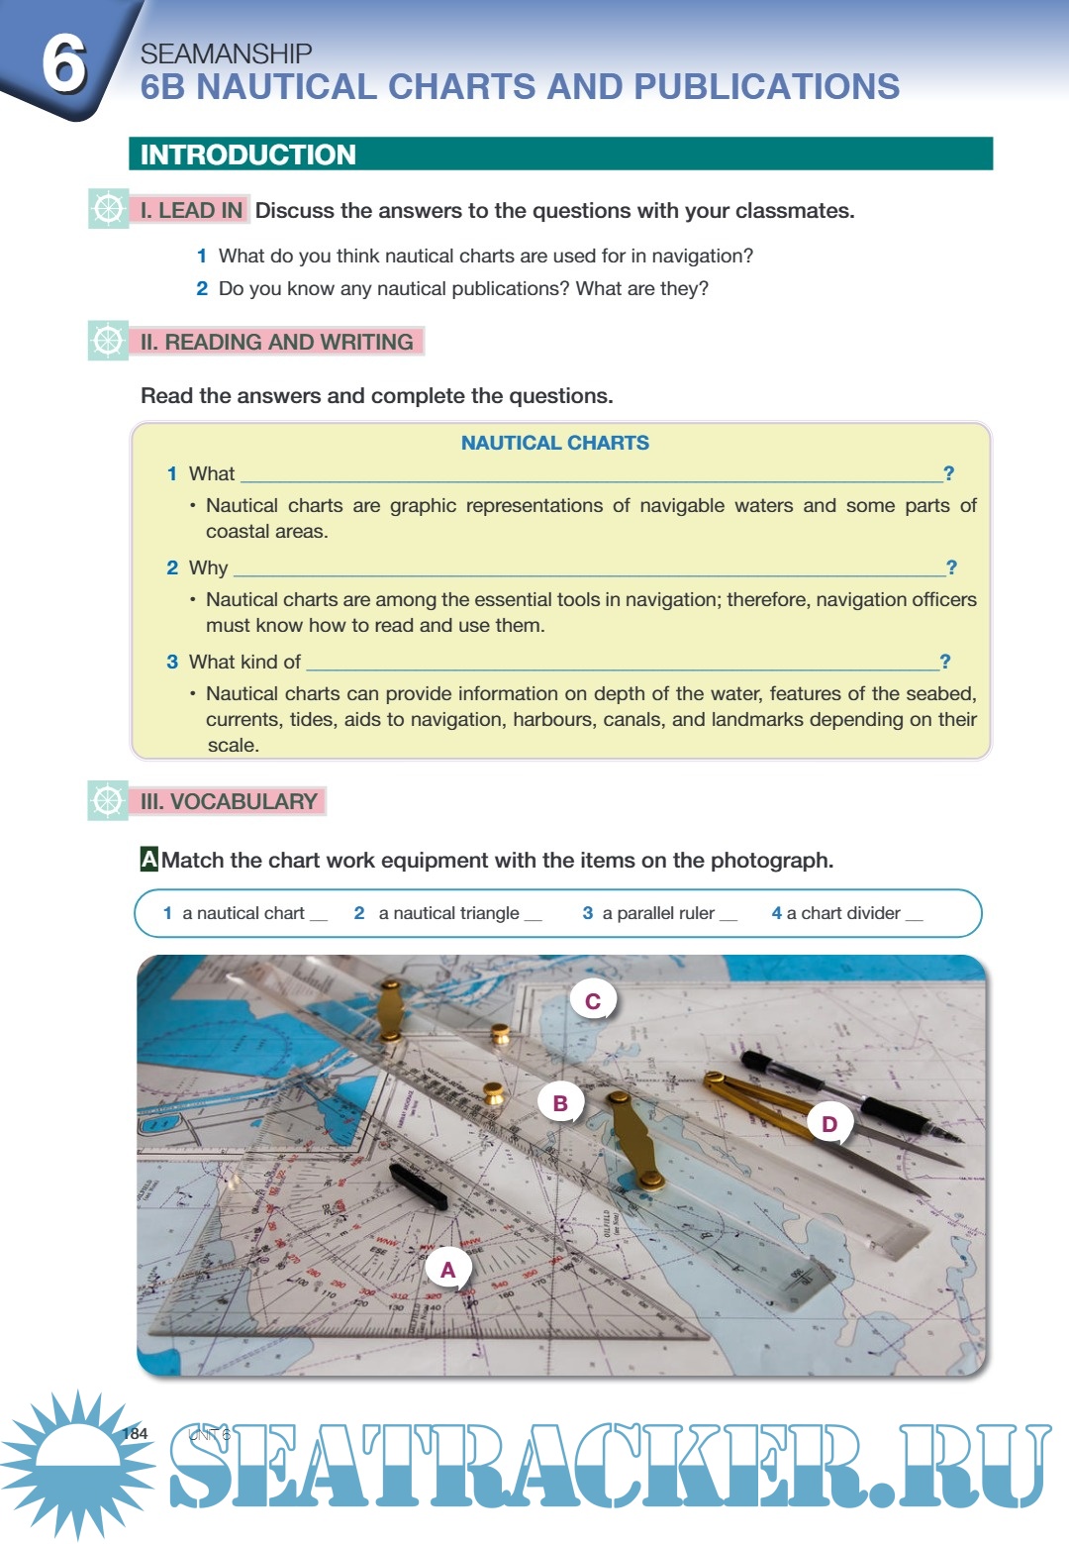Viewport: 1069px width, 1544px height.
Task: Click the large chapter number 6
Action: (x=63, y=62)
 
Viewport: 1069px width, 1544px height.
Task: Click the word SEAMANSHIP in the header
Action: (x=226, y=53)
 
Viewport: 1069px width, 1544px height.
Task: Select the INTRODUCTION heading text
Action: (x=247, y=154)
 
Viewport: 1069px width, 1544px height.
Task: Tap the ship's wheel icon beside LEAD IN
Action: (x=108, y=208)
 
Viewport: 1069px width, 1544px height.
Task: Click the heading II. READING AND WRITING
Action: (x=276, y=342)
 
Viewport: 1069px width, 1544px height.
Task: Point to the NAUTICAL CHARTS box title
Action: (x=554, y=443)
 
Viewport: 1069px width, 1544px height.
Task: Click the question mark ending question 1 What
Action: (x=948, y=473)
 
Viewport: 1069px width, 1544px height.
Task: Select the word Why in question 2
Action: (x=208, y=567)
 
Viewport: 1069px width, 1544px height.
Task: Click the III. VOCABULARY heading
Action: (x=229, y=801)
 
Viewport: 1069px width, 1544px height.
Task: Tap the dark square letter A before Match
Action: (x=149, y=859)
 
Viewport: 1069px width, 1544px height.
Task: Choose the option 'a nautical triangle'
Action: (x=447, y=913)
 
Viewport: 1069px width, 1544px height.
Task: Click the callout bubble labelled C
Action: (x=593, y=1001)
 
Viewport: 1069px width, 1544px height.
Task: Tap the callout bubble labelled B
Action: (x=560, y=1102)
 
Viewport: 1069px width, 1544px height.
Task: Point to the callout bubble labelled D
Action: (x=829, y=1124)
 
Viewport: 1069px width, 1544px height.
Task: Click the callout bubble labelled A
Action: (x=448, y=1270)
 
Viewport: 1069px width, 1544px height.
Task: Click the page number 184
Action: (x=136, y=1433)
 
